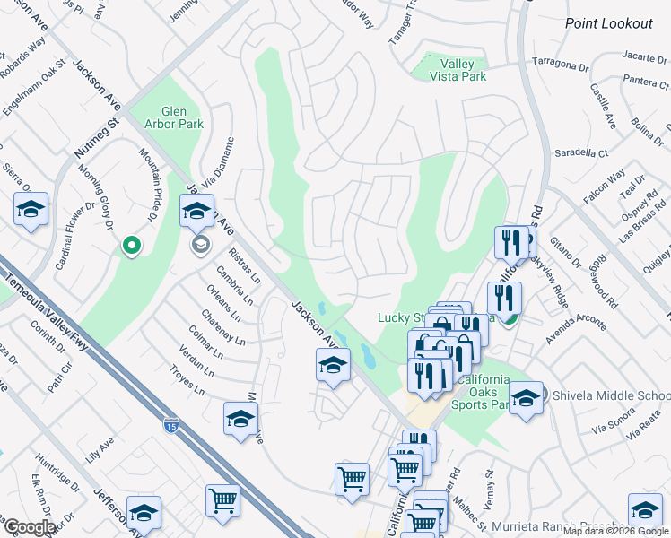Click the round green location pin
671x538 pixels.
click(x=131, y=244)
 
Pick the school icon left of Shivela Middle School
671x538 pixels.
click(x=526, y=395)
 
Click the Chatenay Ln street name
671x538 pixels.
click(x=222, y=326)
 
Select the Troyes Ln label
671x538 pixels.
click(x=187, y=380)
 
